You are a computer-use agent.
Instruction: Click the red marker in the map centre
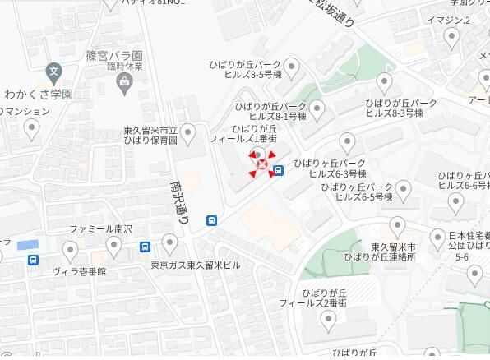click(262, 166)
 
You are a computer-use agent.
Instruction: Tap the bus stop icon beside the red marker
click(279, 171)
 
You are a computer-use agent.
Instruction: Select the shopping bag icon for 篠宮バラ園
click(124, 80)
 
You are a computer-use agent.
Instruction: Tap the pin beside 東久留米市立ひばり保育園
click(188, 132)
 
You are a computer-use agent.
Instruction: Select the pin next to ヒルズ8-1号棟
click(317, 108)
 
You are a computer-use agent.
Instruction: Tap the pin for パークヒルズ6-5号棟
click(402, 190)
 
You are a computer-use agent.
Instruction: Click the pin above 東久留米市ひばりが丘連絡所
click(398, 224)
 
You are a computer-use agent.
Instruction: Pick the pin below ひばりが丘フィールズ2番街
click(331, 323)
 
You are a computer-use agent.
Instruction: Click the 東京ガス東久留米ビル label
click(196, 265)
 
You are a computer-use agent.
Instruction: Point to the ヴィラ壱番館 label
click(79, 270)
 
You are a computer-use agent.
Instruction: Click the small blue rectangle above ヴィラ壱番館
click(28, 245)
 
